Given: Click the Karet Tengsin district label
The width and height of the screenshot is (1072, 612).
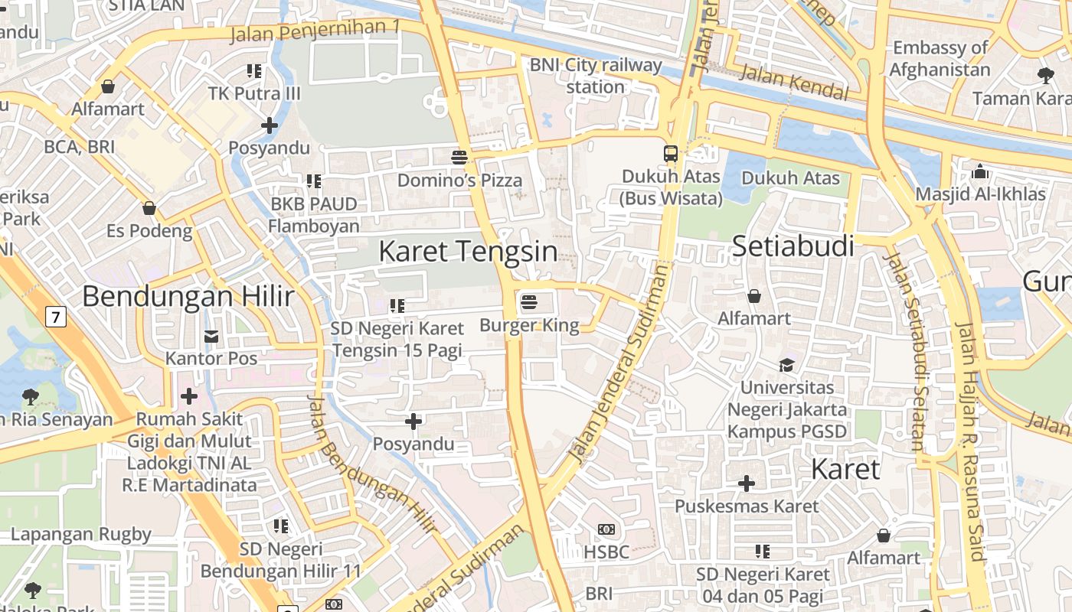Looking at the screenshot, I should coord(468,251).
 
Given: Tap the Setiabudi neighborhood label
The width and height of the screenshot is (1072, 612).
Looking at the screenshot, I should coord(793,246).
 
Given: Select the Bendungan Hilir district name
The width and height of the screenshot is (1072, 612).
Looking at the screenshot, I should coord(188,296).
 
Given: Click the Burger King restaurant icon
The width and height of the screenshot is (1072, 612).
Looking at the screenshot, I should coord(528,302).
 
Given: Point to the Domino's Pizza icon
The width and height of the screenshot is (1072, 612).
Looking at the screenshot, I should coord(459,158).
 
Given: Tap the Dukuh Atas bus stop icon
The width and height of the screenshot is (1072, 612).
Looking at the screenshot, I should coord(671,153).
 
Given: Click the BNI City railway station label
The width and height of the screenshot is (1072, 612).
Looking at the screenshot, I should coord(596,76).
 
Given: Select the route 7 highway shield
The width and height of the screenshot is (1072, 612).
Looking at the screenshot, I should coord(54,316).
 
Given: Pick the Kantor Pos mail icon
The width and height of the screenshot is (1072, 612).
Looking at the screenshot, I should coord(211,336).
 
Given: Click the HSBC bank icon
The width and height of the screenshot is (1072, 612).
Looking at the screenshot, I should coord(606,529).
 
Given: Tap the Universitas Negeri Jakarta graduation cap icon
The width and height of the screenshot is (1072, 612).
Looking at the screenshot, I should coord(786,364).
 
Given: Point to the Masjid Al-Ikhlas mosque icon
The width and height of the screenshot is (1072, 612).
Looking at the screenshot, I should coord(980,171).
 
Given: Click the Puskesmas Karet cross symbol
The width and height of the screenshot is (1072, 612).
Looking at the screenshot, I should coord(747,483).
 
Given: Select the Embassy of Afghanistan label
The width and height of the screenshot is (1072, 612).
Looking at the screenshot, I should coord(940,58).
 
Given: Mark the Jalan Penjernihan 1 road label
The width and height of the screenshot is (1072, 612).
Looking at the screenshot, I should coord(315,31).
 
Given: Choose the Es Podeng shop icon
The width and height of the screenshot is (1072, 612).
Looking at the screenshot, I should coord(149,208).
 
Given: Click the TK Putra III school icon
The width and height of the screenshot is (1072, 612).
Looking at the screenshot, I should coord(254,71).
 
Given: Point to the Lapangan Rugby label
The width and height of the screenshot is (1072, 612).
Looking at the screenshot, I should coord(81,534).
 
